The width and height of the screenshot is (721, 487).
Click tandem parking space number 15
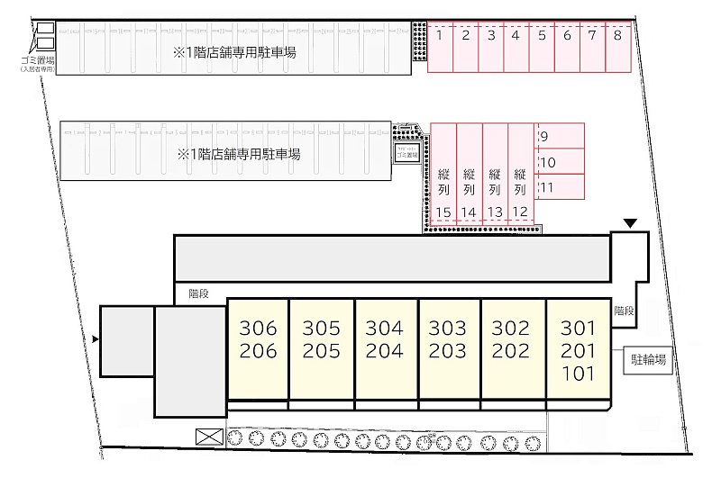coord(443,180)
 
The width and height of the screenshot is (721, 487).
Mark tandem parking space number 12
coord(520,180)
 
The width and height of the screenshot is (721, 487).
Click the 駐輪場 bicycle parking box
coord(648,361)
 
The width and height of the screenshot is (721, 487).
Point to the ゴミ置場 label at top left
coord(38,60)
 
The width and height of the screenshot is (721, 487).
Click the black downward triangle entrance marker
coord(630,223)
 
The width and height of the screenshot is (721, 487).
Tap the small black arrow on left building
coord(96,339)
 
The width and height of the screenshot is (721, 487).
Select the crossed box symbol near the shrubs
coord(208,437)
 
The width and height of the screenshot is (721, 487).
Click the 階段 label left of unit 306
coord(200,292)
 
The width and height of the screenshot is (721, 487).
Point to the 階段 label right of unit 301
coord(624,311)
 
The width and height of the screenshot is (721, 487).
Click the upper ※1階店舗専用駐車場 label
coord(236,52)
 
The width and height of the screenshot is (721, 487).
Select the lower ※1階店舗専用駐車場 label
coord(239,154)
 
